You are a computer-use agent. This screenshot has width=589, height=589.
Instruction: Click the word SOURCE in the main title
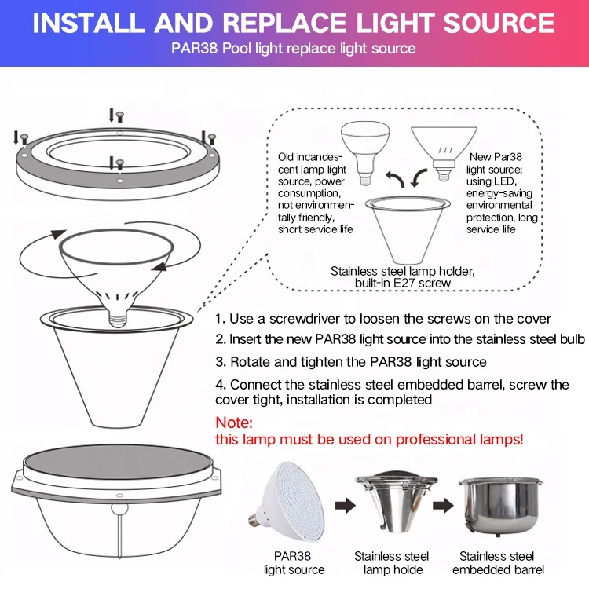(499, 24)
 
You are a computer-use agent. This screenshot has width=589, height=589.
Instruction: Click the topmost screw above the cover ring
(120, 116)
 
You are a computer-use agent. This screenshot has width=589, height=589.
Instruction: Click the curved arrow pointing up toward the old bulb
(395, 179)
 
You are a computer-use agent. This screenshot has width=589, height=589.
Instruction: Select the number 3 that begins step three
(219, 362)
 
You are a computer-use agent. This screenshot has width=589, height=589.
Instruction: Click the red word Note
(234, 423)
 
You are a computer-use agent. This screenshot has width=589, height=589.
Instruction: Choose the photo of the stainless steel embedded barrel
(499, 505)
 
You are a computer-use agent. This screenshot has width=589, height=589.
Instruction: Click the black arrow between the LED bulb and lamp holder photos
(345, 505)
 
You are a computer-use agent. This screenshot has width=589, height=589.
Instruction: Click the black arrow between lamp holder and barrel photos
(443, 505)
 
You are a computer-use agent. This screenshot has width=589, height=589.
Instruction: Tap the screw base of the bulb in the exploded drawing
(118, 319)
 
